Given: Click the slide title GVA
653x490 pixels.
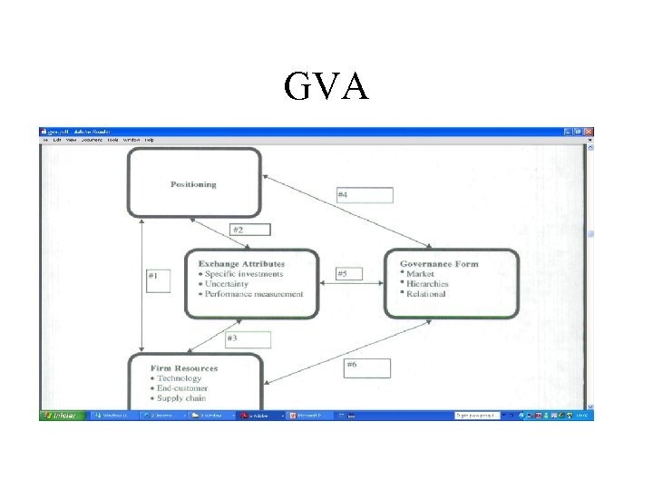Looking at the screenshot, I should point(326,86).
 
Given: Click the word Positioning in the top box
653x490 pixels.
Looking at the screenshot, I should point(193,184).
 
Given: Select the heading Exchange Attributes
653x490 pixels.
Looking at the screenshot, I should point(241,264).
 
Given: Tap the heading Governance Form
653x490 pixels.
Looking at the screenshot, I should point(439,264).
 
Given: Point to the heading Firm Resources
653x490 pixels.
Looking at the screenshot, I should point(184,368).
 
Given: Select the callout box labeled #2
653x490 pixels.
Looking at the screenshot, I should point(249,230).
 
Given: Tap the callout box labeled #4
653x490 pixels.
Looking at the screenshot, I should point(364,195).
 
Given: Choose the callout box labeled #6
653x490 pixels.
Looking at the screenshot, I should point(366,367).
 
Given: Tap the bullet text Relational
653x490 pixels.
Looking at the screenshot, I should point(426,294).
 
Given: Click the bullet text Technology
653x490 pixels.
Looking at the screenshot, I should point(180,378).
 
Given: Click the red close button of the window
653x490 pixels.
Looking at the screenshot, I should point(589,132).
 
